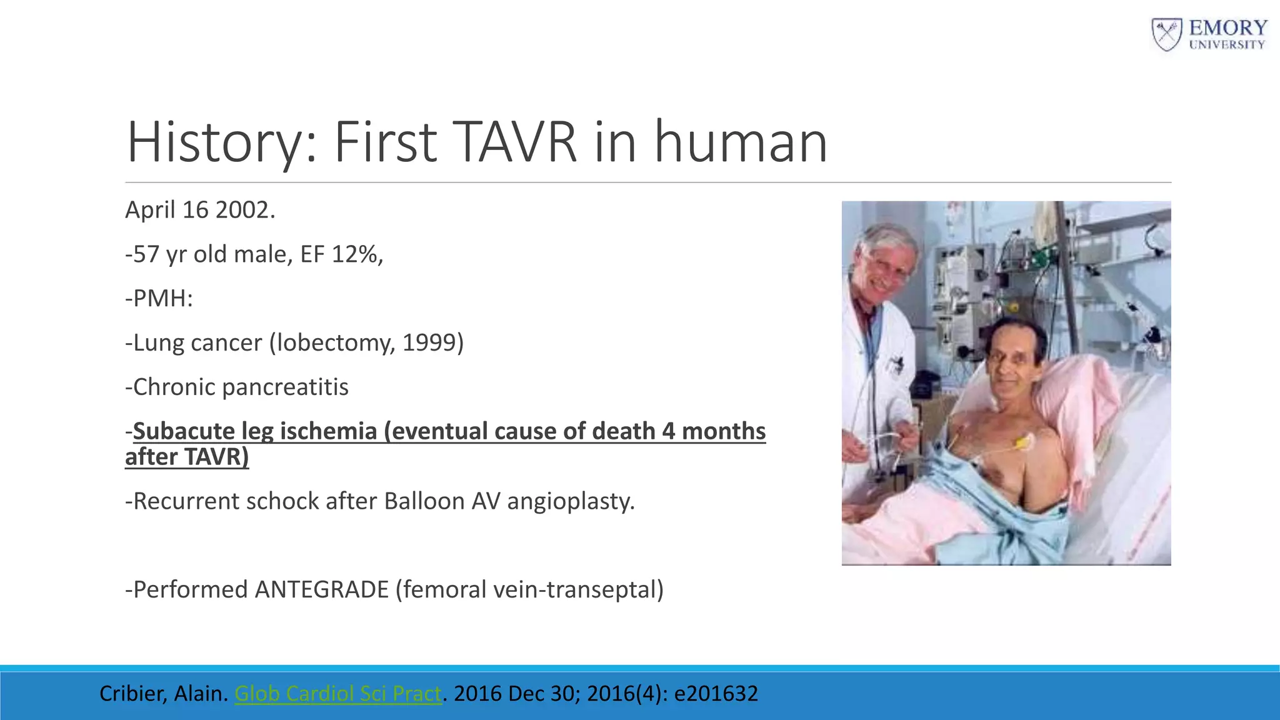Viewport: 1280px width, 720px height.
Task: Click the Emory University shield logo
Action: click(x=1166, y=34)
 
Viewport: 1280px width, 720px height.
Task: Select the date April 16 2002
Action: click(x=200, y=210)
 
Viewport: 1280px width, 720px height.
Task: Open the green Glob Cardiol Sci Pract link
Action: click(x=337, y=694)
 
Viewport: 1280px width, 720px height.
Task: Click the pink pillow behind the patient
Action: click(x=1075, y=400)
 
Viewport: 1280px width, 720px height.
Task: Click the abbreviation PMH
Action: click(x=162, y=299)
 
